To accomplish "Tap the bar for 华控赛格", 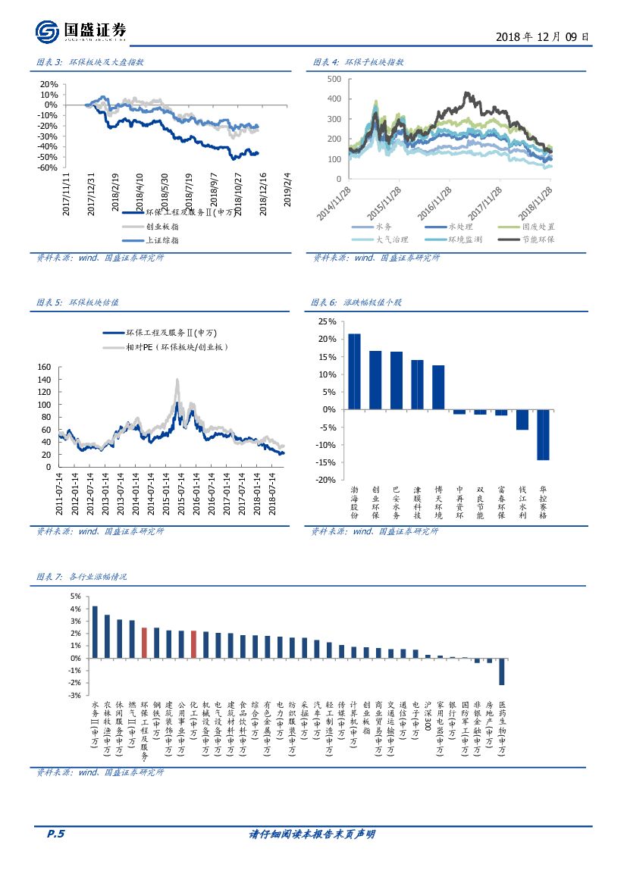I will click(x=542, y=434).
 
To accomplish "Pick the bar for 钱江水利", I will click(x=522, y=419).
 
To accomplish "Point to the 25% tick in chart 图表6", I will click(x=326, y=321).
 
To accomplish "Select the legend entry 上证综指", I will click(x=158, y=240).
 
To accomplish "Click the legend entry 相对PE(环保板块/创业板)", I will click(x=176, y=346).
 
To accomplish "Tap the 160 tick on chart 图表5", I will click(x=44, y=368).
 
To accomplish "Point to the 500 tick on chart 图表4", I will click(x=334, y=79).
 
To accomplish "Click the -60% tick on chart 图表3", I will click(x=48, y=167).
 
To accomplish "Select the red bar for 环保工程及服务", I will click(x=144, y=642).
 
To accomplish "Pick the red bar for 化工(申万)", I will click(x=193, y=644).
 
